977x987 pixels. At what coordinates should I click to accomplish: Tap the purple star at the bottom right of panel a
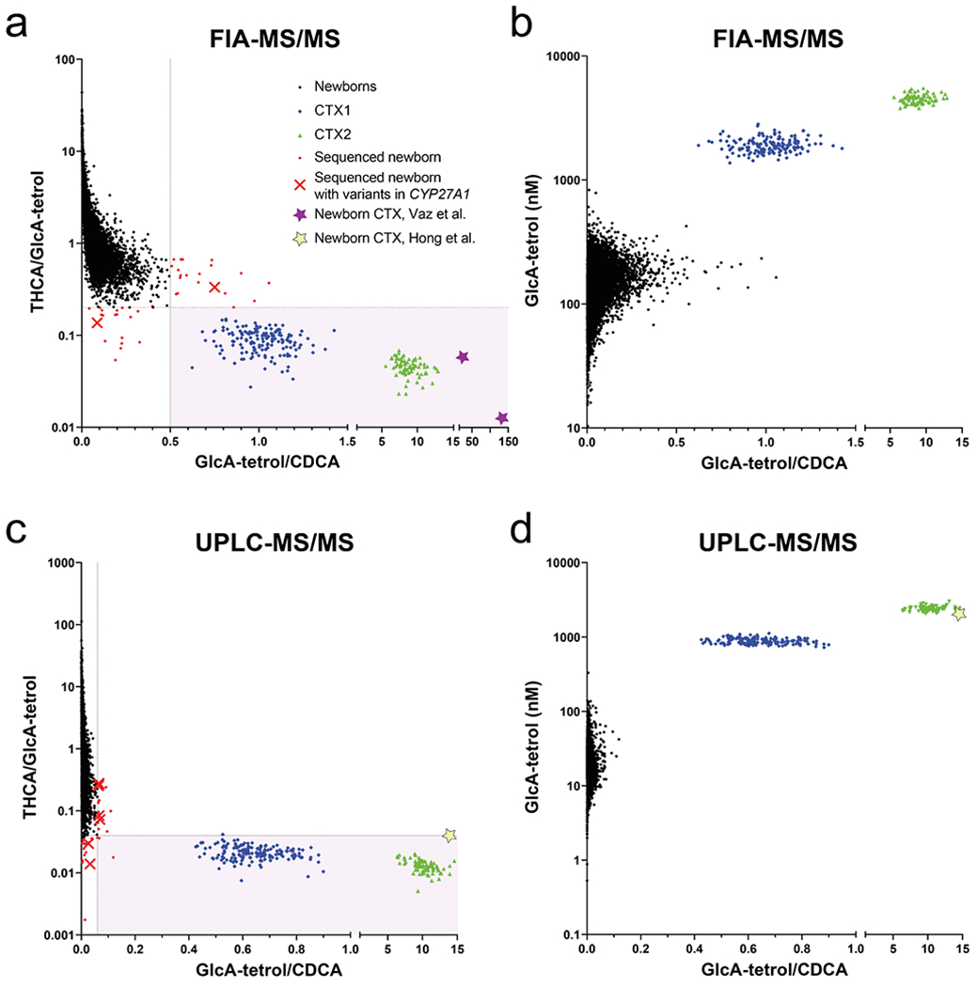[x=502, y=417]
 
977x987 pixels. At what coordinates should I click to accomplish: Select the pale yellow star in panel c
[x=449, y=836]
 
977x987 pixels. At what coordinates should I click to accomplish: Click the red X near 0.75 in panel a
[x=214, y=287]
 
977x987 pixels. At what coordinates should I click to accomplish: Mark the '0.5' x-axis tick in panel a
[x=170, y=442]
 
